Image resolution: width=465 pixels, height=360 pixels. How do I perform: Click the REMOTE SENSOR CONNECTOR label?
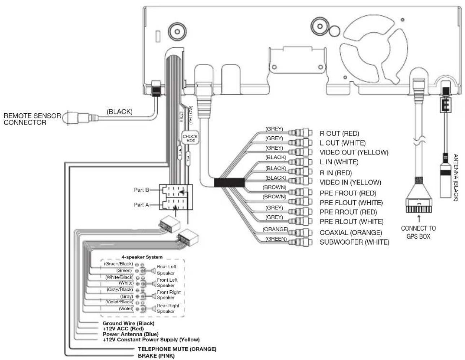pos(32,119)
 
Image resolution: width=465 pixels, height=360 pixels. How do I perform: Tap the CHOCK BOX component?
pos(190,138)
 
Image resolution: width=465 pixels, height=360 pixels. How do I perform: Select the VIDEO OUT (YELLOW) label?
pos(354,153)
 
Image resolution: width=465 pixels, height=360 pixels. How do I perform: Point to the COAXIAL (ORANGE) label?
pos(350,233)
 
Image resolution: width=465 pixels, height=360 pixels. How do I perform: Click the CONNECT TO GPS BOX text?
pos(418,232)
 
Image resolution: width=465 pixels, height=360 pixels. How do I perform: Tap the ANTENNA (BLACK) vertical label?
pos(456,177)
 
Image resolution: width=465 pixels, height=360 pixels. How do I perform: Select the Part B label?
pos(141,190)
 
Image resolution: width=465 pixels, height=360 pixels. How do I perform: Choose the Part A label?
pos(141,205)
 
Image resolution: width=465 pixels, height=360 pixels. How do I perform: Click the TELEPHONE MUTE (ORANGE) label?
pos(177,349)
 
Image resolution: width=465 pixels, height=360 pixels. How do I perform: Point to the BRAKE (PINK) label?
pos(156,356)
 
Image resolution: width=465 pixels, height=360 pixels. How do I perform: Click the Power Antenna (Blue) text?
pos(130,334)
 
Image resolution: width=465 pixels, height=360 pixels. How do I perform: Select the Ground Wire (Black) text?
pos(128,323)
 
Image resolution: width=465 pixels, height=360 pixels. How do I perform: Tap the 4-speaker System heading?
pos(142,257)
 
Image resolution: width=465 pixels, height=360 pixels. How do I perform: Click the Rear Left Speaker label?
pos(166,270)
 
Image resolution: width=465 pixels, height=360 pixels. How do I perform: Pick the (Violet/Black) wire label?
pos(119,302)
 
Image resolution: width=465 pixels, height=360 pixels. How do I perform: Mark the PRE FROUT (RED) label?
pos(347,193)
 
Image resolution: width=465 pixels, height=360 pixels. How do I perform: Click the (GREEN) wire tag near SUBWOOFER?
pos(276,239)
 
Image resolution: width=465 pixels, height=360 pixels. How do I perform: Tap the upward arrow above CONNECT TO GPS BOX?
pos(418,218)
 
